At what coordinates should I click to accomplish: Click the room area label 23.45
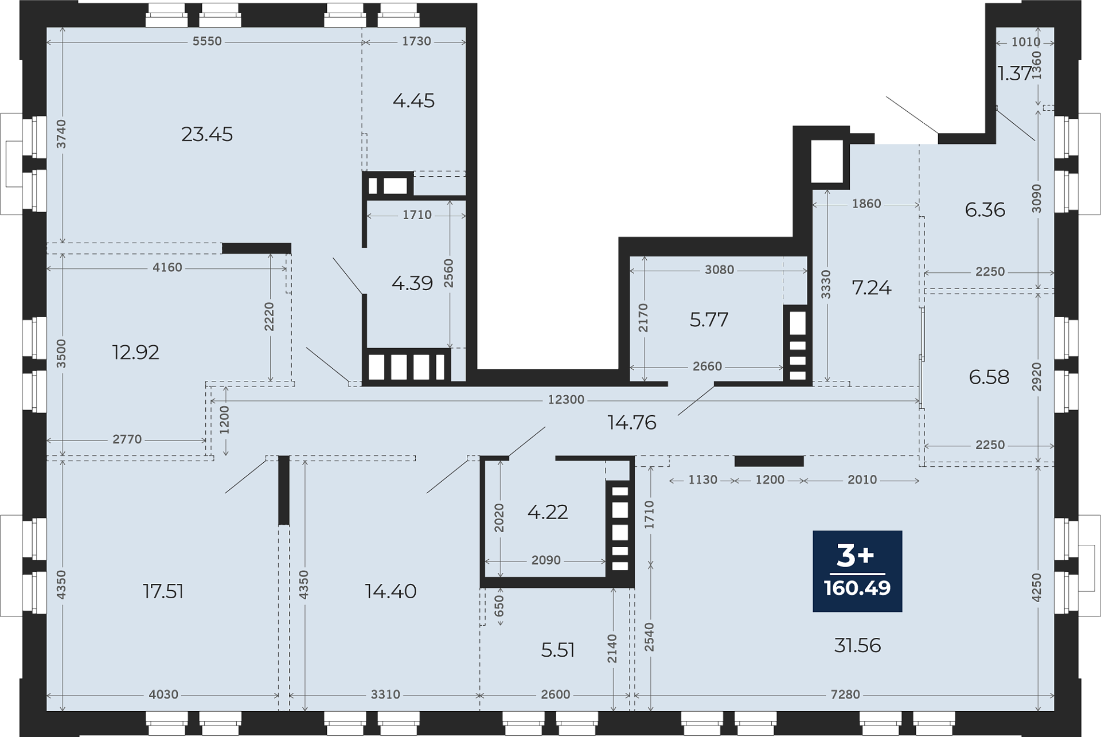click(x=207, y=134)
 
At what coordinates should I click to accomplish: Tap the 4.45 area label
click(x=413, y=101)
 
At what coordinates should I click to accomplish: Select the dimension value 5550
click(x=207, y=41)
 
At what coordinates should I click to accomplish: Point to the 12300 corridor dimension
click(x=566, y=400)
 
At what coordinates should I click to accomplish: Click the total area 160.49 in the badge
click(x=857, y=588)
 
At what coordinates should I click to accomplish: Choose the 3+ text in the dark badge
click(x=856, y=555)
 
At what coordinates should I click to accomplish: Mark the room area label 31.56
click(x=857, y=646)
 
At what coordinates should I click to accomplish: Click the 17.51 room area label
click(x=163, y=591)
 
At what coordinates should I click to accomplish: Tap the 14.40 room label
click(x=391, y=591)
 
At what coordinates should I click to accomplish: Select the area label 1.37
click(x=1015, y=73)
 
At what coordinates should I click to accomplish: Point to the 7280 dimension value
click(x=845, y=695)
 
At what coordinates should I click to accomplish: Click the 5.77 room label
click(x=709, y=319)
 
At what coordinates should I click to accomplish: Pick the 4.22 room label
click(x=548, y=512)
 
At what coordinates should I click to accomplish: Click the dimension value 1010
click(x=1026, y=42)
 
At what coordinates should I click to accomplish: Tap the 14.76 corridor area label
click(x=632, y=423)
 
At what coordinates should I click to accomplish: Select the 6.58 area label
click(x=989, y=377)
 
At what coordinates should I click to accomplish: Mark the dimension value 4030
click(x=163, y=695)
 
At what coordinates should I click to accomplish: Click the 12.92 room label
click(x=136, y=352)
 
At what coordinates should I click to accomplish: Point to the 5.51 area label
click(x=558, y=650)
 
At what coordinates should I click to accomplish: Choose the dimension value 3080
click(x=719, y=270)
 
